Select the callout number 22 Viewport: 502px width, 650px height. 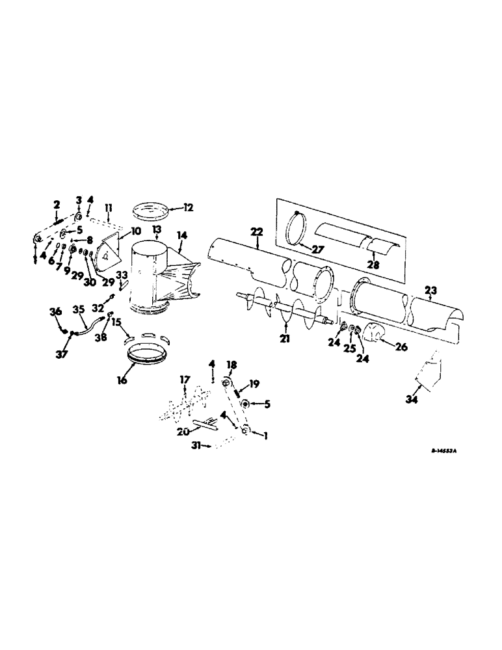click(256, 232)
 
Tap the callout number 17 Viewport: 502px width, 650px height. click(185, 379)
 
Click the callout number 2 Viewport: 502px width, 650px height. click(56, 204)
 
